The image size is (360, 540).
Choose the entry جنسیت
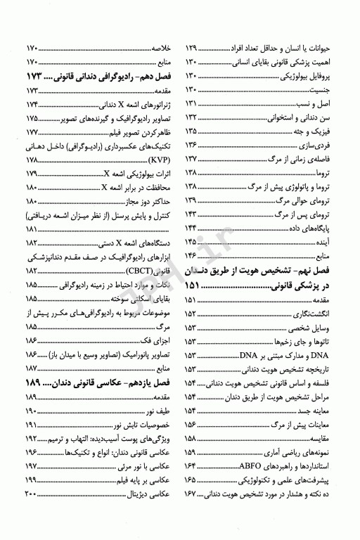tap(340, 89)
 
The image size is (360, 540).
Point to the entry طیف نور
tap(159, 411)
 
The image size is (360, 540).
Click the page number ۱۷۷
tap(30, 131)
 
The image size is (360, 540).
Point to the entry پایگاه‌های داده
tap(330, 228)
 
